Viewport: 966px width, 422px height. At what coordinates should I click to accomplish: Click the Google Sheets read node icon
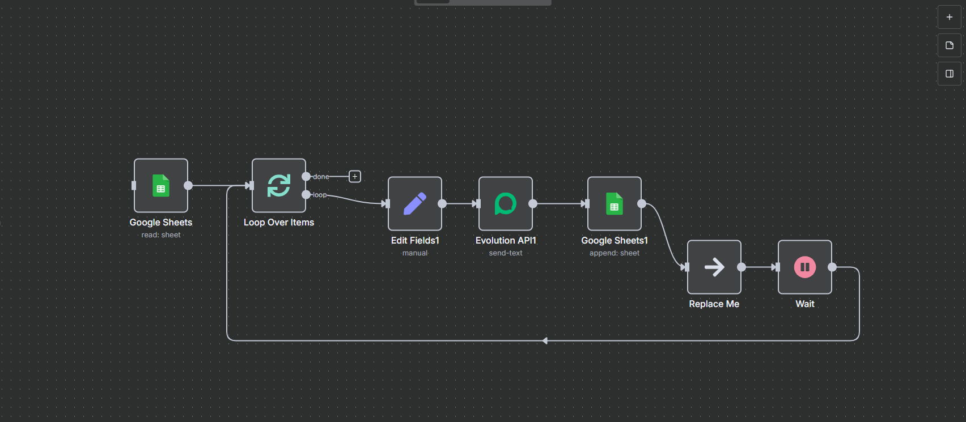pos(161,186)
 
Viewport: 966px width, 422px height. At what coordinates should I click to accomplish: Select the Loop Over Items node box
pos(279,186)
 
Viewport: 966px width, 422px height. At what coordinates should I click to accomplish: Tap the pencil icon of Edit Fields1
pos(415,204)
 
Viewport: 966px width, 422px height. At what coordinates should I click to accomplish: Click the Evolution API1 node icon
pos(506,204)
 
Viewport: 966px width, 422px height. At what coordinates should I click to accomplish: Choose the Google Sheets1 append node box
pos(615,204)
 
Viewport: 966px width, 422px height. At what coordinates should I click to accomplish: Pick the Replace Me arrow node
pos(714,267)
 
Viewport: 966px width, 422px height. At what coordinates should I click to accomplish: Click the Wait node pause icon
pos(805,267)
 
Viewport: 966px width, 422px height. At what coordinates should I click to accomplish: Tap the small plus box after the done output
pos(355,177)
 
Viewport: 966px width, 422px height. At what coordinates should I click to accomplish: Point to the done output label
pos(321,177)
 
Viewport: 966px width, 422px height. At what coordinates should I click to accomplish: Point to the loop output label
pos(320,195)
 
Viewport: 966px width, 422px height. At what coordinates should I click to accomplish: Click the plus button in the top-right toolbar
pos(950,17)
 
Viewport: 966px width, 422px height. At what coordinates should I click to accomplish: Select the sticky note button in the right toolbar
pos(950,45)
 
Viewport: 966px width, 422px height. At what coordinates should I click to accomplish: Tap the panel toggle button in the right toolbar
pos(950,74)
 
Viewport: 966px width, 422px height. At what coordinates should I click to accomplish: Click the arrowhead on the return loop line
pos(545,341)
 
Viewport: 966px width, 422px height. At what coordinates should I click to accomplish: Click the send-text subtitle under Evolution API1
pos(506,253)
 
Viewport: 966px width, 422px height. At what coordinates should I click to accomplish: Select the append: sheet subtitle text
pos(615,253)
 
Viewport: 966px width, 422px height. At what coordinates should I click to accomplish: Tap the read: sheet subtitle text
pos(161,235)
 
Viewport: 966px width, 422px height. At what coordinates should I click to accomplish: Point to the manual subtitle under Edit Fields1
pos(415,253)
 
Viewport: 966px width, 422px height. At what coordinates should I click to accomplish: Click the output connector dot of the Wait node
pos(832,267)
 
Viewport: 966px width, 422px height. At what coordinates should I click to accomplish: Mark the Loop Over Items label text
pos(279,223)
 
